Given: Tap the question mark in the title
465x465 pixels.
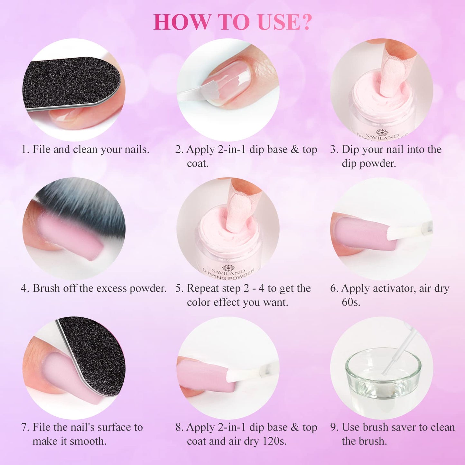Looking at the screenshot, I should pos(306,22).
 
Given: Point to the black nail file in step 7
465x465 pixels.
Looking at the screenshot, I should pos(93,354).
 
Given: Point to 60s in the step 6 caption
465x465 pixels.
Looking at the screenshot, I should pos(351,302).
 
